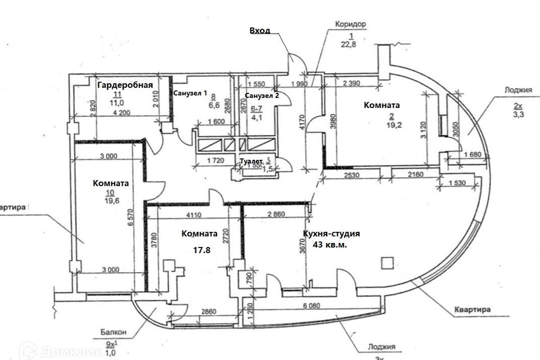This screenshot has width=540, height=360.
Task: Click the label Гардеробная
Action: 125,85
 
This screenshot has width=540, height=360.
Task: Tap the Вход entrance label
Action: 259,31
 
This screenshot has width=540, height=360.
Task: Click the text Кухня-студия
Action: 330,233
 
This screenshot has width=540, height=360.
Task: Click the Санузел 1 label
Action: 190,93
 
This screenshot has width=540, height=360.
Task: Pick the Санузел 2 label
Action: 261,95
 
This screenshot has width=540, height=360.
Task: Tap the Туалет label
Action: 250,160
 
